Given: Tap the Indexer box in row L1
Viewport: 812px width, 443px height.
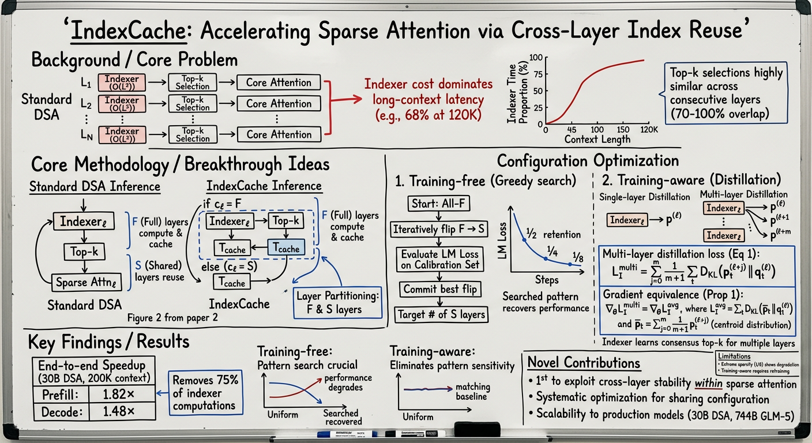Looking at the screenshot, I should click(x=122, y=82).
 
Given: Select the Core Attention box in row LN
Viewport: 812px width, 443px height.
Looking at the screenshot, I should click(x=279, y=134).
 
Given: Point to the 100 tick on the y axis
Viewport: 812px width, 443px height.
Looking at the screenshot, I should click(x=536, y=58).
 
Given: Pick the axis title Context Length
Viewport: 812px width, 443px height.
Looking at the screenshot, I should click(x=597, y=139).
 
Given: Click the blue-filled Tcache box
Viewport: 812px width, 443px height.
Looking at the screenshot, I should click(x=287, y=249).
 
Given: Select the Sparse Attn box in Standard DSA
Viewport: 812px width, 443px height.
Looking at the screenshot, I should click(x=79, y=283).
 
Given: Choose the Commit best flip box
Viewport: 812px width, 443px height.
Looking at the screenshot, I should click(x=440, y=289).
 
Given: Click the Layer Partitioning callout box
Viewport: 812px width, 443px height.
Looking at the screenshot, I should click(x=338, y=302).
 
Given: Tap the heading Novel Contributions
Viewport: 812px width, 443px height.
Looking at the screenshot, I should click(x=584, y=363).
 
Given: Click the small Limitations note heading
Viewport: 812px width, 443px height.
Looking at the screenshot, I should click(x=734, y=356).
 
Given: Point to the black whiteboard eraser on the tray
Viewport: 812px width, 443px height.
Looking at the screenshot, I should click(x=478, y=429).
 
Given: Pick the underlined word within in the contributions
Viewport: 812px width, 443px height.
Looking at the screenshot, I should click(x=709, y=384).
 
